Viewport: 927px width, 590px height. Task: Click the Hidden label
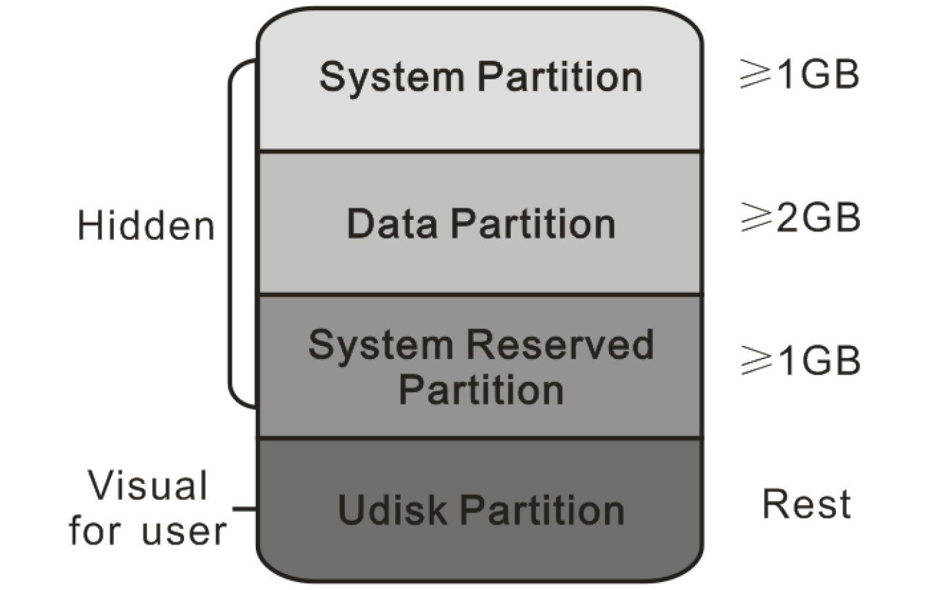point(146,226)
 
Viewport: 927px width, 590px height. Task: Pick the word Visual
point(148,486)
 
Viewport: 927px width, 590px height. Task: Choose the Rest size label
point(806,504)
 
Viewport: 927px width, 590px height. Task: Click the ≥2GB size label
point(799,218)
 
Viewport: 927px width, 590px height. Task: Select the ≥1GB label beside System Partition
point(799,76)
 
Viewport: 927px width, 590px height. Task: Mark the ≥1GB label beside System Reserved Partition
point(799,360)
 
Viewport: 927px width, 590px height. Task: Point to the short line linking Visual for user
point(245,510)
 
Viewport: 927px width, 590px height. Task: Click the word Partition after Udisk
point(542,510)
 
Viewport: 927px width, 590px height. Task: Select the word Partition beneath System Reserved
point(481,389)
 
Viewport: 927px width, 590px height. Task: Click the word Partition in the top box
point(559,77)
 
